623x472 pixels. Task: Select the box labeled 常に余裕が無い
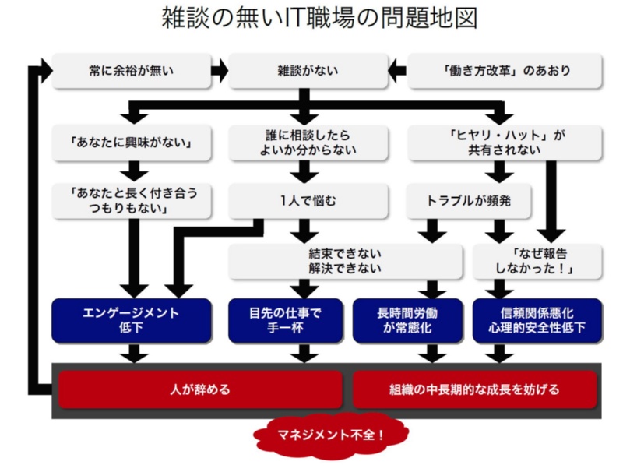[132, 71]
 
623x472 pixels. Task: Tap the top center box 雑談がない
[307, 71]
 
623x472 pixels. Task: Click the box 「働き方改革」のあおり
[505, 71]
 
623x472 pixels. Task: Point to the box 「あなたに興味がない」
[132, 143]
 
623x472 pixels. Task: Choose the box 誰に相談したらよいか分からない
[307, 143]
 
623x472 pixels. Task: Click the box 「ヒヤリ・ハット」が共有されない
[505, 143]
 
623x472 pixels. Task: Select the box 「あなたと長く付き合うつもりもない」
[132, 201]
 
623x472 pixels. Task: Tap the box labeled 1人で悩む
[307, 201]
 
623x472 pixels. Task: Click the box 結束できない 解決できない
[343, 261]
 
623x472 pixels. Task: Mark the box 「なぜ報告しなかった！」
[538, 261]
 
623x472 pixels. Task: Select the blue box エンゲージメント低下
[132, 320]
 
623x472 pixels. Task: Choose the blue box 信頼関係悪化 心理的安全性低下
[538, 320]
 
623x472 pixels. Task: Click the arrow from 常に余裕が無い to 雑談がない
[220, 71]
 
